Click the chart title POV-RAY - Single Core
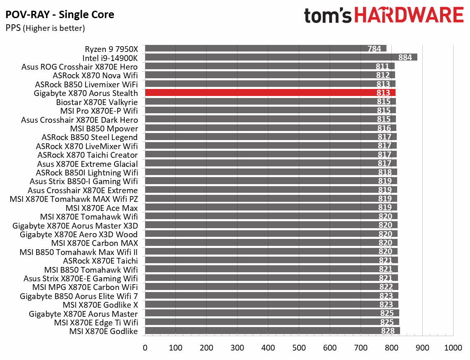click(x=60, y=15)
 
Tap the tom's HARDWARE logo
click(x=384, y=16)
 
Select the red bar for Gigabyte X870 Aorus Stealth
click(x=270, y=93)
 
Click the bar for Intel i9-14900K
click(x=281, y=57)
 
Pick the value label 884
click(x=405, y=57)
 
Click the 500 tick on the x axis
click(x=299, y=348)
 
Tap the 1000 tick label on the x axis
click(x=453, y=348)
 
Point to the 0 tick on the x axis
click(x=145, y=348)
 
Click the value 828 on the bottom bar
click(x=388, y=331)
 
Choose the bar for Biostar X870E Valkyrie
click(x=270, y=102)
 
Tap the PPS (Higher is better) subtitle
click(x=45, y=28)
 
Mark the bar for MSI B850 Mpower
click(x=270, y=128)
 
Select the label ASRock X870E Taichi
click(x=100, y=261)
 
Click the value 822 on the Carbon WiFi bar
click(x=386, y=287)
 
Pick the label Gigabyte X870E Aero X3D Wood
click(x=79, y=234)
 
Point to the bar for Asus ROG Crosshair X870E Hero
click(x=270, y=66)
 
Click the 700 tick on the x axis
click(x=361, y=348)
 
